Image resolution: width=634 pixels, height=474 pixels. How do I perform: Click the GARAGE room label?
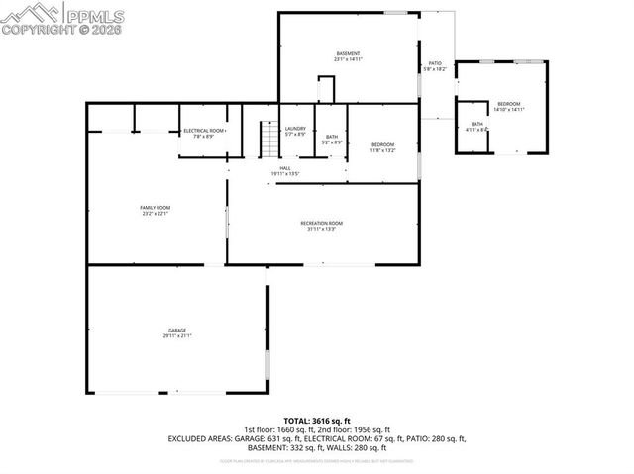coord(177,330)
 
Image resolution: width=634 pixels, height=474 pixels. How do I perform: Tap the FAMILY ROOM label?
coord(156,207)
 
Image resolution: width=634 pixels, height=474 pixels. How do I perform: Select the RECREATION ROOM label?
coord(321,223)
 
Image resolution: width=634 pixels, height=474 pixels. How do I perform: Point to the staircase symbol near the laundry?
coord(267,139)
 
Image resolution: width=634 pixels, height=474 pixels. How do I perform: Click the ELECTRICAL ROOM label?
coord(204,131)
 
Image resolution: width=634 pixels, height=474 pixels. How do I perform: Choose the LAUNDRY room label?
coord(295,129)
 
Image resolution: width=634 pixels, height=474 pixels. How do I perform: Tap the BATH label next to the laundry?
coord(332,137)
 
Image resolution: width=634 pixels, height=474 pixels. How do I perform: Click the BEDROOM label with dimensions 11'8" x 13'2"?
coord(382,144)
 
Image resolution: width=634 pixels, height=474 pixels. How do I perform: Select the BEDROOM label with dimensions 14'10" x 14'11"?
coord(509,104)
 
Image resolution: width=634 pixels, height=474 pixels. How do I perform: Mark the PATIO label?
coord(435,63)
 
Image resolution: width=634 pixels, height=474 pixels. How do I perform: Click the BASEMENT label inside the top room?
coord(348,53)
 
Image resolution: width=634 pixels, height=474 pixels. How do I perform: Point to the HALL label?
coord(284,168)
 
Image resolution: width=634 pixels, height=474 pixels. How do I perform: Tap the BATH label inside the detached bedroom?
coord(476,124)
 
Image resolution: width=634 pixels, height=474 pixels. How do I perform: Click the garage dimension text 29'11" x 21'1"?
coord(177,335)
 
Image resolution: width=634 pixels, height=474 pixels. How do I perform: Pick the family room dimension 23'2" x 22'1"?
coord(156,213)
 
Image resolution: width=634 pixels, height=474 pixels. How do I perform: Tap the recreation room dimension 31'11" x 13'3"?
coord(321,229)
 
